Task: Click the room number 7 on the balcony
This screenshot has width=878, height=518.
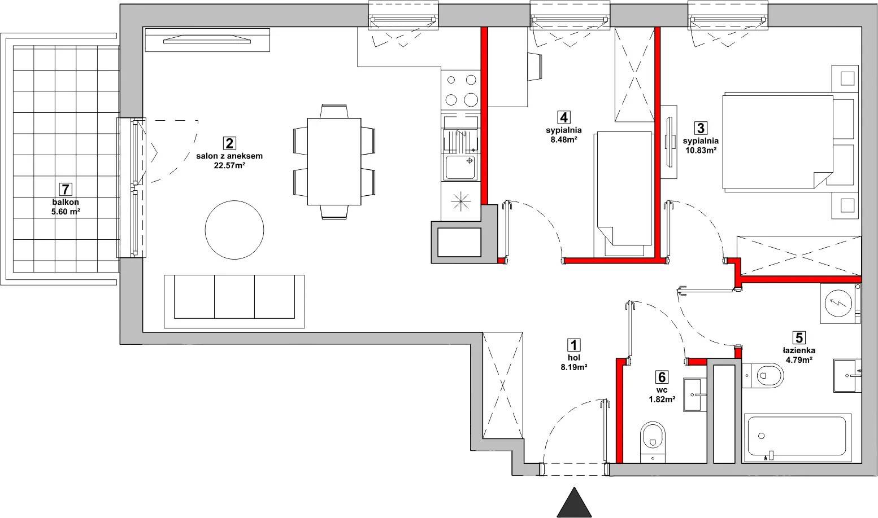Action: point(65,190)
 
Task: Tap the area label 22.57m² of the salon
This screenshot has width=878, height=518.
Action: point(229,165)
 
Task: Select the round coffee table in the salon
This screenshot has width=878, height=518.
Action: point(234,230)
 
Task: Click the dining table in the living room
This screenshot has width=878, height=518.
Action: point(334,161)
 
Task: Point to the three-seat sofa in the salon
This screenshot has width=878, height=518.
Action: point(234,301)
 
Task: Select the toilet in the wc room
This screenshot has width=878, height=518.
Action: point(653,442)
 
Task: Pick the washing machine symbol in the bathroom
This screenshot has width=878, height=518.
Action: point(838,303)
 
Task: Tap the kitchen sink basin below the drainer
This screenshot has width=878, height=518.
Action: point(461,167)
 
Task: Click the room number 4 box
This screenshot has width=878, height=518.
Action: point(564,117)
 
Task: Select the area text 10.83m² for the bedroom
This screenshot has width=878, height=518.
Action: point(701,150)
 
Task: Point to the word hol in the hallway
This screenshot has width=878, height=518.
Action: point(574,358)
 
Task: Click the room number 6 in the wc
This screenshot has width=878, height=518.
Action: point(662,377)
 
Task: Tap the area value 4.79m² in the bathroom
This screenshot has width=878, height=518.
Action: point(799,360)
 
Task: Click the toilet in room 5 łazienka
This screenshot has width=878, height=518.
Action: point(762,375)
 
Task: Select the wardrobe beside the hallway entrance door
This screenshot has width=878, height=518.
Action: point(502,385)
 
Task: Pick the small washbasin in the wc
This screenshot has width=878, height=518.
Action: point(695,394)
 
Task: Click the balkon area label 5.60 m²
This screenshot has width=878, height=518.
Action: point(66,212)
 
